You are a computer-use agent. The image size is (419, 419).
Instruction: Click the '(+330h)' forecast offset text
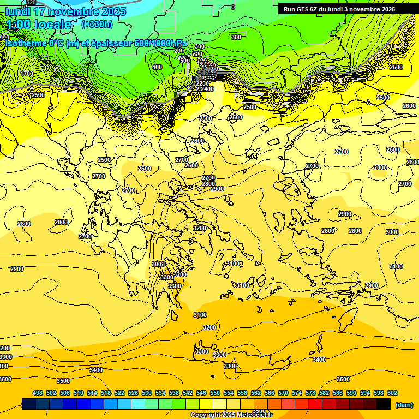[97, 24]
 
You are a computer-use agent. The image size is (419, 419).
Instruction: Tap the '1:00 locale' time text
[39, 25]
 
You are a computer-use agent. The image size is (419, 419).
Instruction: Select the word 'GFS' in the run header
[308, 9]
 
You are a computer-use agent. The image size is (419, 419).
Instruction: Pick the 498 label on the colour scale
[38, 393]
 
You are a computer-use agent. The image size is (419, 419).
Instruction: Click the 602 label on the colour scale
[392, 393]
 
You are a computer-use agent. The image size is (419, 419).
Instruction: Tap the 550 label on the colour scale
[215, 393]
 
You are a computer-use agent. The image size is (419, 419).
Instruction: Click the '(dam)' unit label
[404, 404]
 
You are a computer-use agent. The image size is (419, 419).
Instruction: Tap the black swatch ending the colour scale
[384, 404]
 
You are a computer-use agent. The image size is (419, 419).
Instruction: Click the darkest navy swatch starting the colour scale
[29, 404]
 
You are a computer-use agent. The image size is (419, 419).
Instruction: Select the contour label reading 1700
[27, 74]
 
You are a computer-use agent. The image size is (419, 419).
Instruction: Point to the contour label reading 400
[157, 68]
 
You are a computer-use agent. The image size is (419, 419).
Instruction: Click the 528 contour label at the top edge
[31, 3]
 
